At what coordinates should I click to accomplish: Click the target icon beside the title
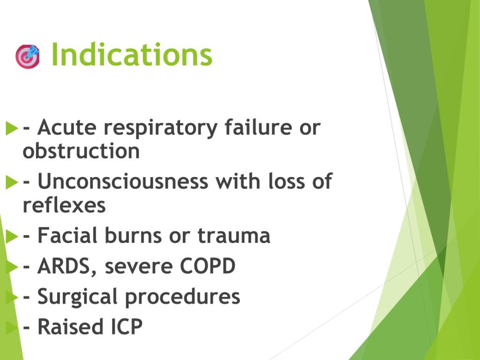(x=28, y=56)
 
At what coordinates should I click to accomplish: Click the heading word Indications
(x=132, y=54)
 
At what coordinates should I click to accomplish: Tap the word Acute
(x=67, y=127)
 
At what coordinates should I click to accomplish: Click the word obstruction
(x=81, y=150)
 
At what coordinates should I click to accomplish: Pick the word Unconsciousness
(x=123, y=181)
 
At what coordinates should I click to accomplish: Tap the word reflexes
(x=64, y=205)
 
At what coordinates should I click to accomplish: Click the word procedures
(x=183, y=297)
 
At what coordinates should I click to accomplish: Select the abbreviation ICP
(x=127, y=326)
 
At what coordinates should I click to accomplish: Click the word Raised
(x=70, y=326)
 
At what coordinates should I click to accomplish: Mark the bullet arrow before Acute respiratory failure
(x=12, y=128)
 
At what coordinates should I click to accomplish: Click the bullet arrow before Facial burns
(x=12, y=236)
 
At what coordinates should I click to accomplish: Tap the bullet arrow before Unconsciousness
(x=12, y=182)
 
